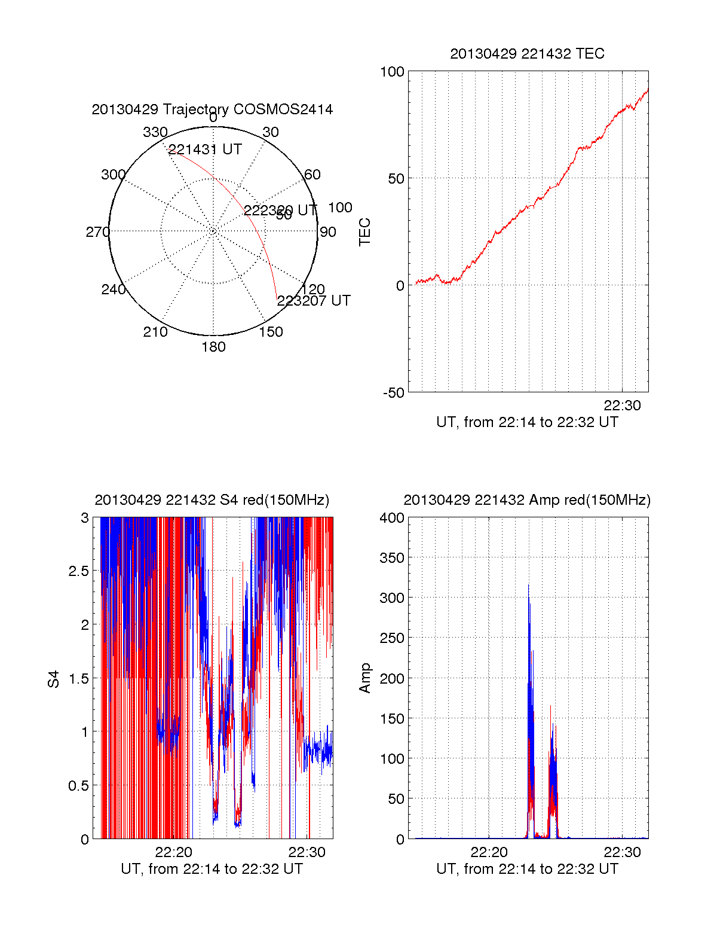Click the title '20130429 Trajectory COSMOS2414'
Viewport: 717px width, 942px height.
212,109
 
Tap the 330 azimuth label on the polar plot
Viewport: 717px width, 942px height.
155,132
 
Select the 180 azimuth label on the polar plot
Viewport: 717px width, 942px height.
213,347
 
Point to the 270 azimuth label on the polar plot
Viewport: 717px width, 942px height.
97,232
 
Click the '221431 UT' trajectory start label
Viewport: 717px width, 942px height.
205,150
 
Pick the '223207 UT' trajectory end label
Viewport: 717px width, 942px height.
314,301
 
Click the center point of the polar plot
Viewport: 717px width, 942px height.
213,231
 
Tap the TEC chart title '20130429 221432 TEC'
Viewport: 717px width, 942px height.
527,54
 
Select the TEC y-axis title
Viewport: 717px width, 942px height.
364,232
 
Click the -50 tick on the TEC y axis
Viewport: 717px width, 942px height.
394,393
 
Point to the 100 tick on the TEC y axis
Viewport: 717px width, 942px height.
392,72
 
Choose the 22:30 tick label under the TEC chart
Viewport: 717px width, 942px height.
622,406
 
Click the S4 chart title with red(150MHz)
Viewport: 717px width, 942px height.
212,500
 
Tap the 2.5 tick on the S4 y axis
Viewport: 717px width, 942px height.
78,571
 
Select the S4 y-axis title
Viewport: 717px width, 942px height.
54,679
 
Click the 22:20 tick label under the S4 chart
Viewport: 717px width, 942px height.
173,852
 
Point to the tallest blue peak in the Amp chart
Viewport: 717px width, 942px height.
528,586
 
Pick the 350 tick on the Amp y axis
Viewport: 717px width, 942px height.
392,558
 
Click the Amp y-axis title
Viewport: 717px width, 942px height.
364,678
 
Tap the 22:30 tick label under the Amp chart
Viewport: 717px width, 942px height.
622,852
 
